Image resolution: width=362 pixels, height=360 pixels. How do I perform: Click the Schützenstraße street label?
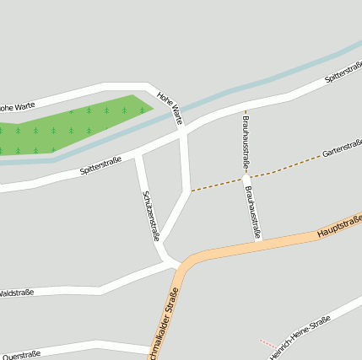click(150, 215)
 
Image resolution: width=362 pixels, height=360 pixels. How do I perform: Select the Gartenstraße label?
click(342, 149)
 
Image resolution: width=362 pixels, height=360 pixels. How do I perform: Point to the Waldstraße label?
click(16, 293)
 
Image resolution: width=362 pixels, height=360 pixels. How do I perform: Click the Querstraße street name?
click(21, 355)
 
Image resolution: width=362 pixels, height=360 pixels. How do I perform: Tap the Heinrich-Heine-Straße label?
click(300, 337)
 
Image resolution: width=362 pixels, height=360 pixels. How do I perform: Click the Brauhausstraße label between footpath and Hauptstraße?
click(253, 212)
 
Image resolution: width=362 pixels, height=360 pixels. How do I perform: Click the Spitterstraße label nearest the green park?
click(100, 164)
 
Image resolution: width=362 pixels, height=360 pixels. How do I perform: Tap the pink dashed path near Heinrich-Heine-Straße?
click(267, 343)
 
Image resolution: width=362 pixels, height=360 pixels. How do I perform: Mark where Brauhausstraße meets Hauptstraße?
click(258, 239)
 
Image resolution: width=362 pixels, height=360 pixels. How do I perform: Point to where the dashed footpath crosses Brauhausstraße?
click(247, 178)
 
